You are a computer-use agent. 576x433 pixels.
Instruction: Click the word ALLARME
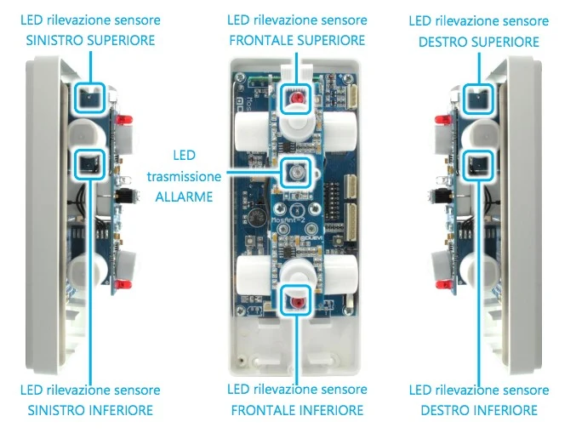184,197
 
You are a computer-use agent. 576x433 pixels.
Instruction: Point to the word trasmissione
184,177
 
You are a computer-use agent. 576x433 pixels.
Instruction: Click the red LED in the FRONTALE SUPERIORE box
296,99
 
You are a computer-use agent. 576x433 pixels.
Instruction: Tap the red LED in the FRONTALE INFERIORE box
296,303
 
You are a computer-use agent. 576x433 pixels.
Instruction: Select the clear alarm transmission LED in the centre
296,172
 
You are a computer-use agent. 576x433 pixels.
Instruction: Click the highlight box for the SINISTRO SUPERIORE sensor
89,83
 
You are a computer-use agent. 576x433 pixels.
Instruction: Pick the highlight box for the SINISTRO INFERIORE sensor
89,149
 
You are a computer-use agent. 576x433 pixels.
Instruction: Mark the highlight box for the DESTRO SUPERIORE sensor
478,84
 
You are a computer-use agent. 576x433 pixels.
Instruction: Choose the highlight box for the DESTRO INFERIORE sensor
478,151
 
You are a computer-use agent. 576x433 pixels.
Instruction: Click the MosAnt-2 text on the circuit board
288,220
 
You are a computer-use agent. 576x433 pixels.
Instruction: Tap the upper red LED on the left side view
124,120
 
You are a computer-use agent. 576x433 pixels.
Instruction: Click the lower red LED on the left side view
123,285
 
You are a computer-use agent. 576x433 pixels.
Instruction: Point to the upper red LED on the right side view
443,119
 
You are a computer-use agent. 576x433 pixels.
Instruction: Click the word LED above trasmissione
184,156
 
